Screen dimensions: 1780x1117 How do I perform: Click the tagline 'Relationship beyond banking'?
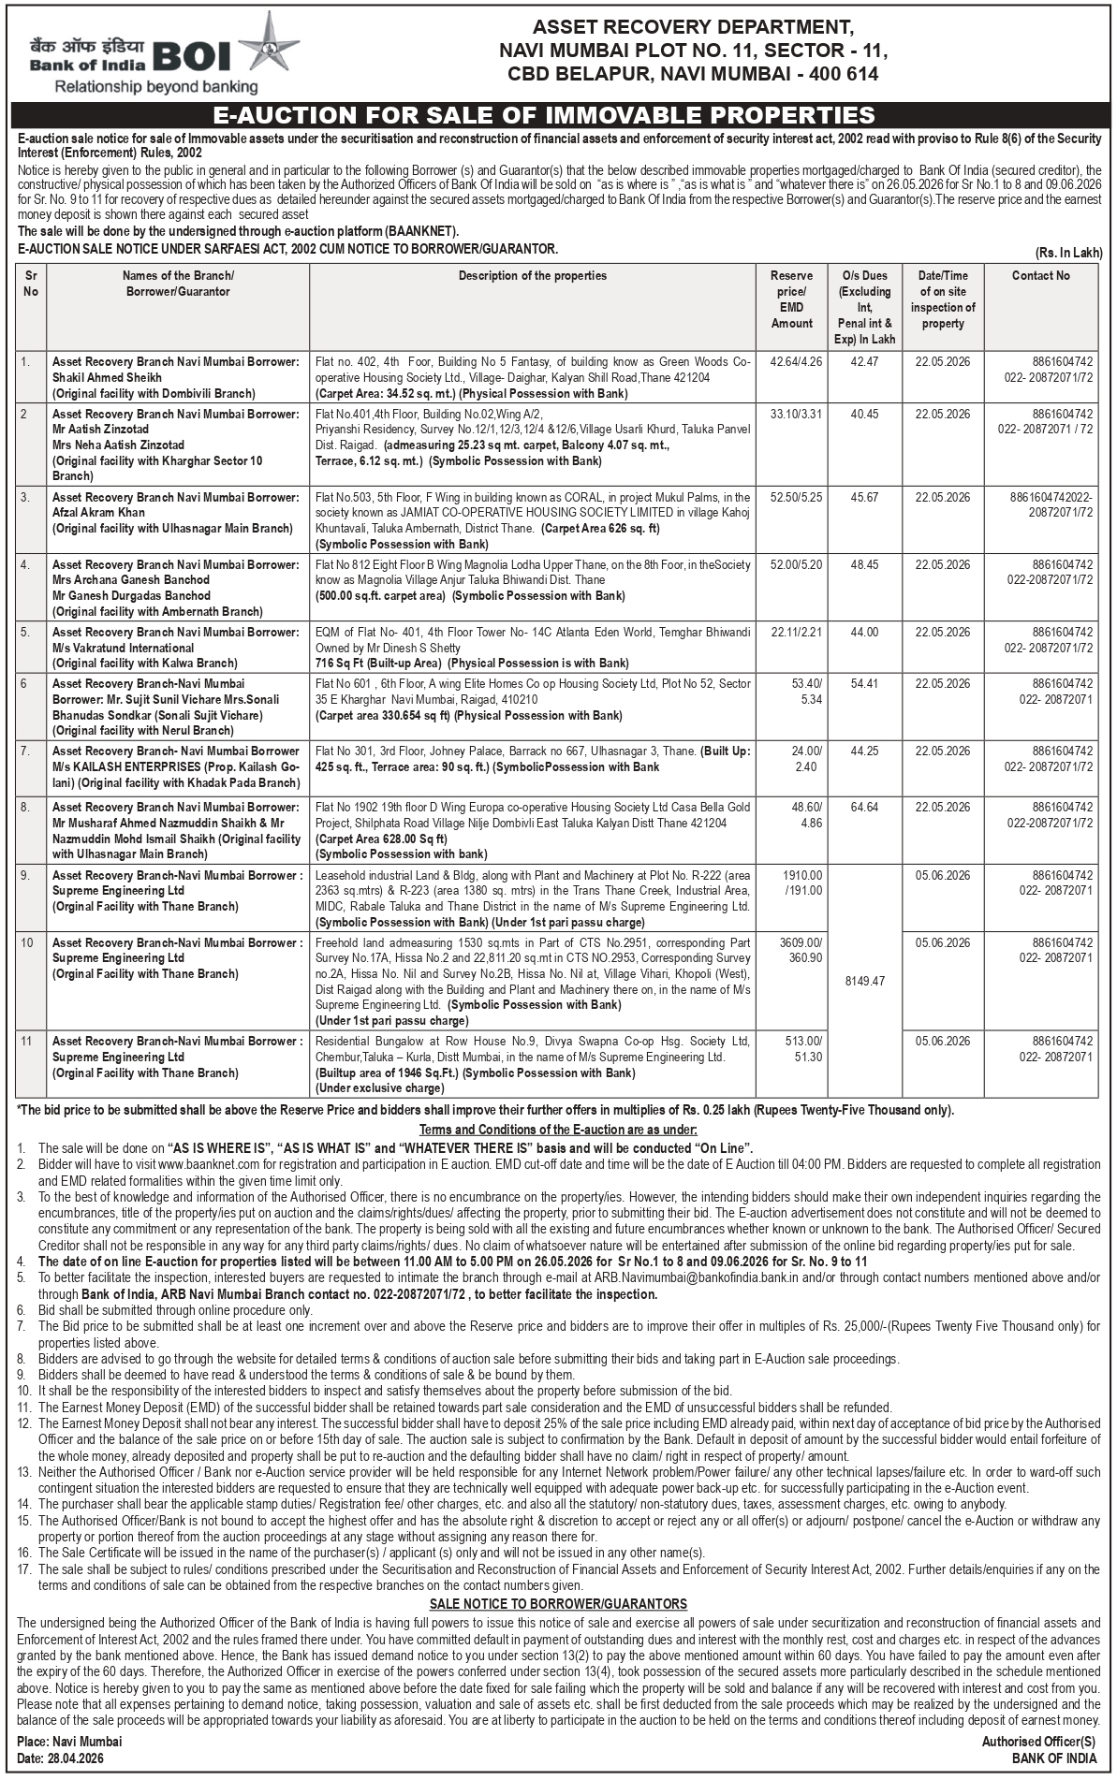pyautogui.click(x=156, y=87)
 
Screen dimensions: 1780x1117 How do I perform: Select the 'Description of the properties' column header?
pyautogui.click(x=532, y=275)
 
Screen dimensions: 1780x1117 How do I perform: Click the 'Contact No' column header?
pyautogui.click(x=1040, y=275)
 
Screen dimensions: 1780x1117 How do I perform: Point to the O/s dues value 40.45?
pyautogui.click(x=864, y=413)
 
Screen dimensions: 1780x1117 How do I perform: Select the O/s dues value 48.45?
pyautogui.click(x=864, y=565)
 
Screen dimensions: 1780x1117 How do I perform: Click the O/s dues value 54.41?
pyautogui.click(x=864, y=684)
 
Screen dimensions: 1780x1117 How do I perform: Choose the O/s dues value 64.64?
pyautogui.click(x=864, y=807)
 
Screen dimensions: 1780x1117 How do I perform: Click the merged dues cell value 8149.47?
pyautogui.click(x=864, y=981)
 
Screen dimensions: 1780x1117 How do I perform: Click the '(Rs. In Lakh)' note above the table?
pyautogui.click(x=1068, y=253)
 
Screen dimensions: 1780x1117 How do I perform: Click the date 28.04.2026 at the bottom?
pyautogui.click(x=77, y=1759)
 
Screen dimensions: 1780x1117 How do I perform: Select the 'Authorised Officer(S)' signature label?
pyautogui.click(x=1037, y=1742)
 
